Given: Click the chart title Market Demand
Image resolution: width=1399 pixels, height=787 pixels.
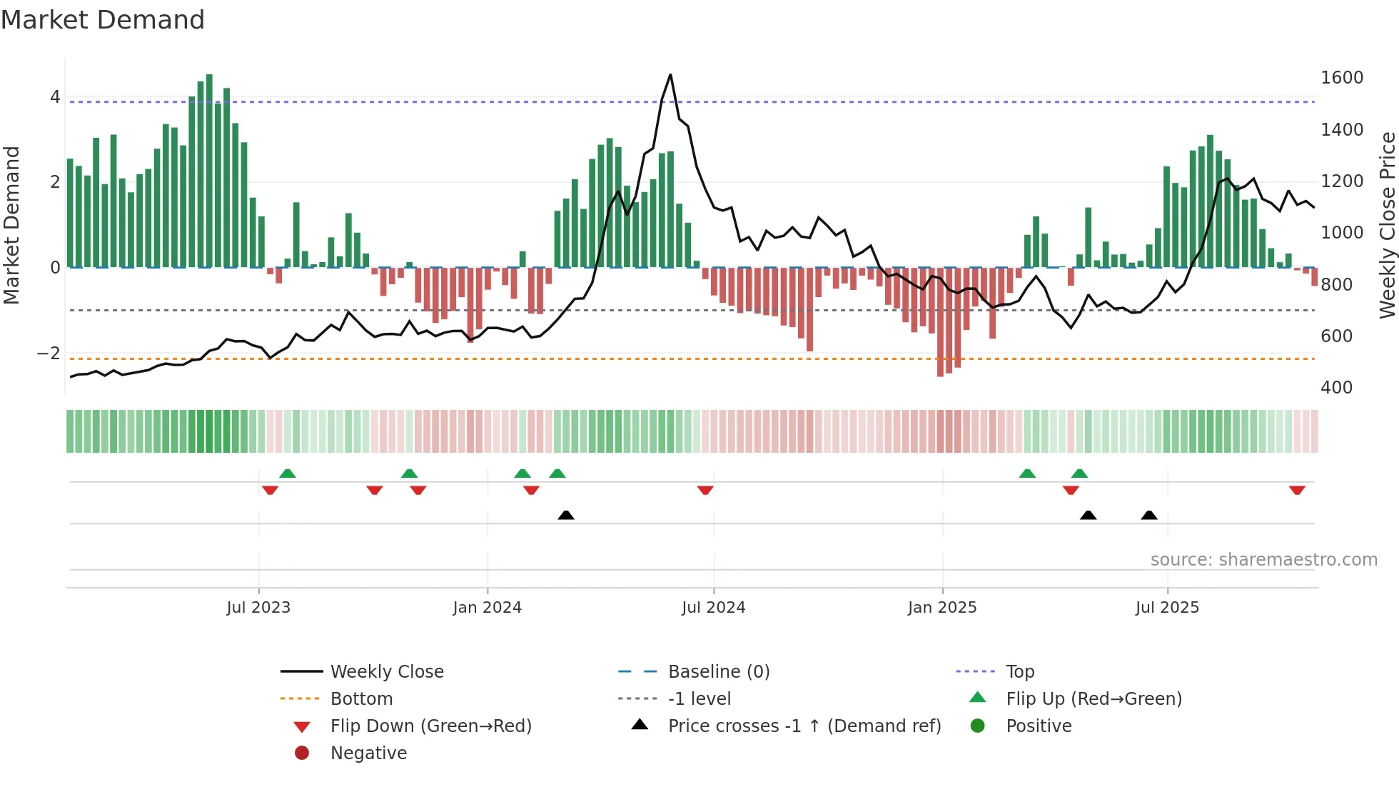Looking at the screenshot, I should pyautogui.click(x=103, y=20).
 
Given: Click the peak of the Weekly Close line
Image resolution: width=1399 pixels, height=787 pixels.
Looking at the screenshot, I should pyautogui.click(x=670, y=75).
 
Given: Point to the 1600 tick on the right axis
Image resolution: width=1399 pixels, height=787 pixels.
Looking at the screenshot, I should pyautogui.click(x=1341, y=78).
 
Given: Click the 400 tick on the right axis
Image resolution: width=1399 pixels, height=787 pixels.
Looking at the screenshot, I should pyautogui.click(x=1336, y=388).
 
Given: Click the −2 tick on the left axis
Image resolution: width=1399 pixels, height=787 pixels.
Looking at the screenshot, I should pyautogui.click(x=49, y=354).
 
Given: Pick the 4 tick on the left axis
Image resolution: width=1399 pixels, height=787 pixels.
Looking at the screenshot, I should pyautogui.click(x=55, y=97).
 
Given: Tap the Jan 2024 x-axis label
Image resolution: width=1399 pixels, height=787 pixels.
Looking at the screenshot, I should pyautogui.click(x=487, y=608).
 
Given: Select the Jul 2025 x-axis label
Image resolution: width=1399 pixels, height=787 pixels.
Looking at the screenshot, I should pyautogui.click(x=1167, y=608).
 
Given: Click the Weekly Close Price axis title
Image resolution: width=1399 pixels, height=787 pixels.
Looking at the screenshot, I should pyautogui.click(x=1387, y=225).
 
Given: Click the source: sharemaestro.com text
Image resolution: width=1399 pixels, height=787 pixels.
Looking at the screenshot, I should pyautogui.click(x=1263, y=560).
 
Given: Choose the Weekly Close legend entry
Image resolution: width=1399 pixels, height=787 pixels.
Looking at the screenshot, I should pyautogui.click(x=386, y=672).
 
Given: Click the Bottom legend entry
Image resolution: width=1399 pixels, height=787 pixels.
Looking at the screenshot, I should pyautogui.click(x=361, y=699).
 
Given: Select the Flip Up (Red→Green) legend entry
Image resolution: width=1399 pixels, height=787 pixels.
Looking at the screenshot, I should pyautogui.click(x=1094, y=699).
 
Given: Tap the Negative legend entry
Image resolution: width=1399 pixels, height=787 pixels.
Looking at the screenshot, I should pyautogui.click(x=368, y=753).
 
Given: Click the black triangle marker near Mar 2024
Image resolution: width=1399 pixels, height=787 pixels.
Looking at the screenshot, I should pyautogui.click(x=566, y=515).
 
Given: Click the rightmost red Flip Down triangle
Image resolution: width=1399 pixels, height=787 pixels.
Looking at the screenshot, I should pyautogui.click(x=1297, y=490).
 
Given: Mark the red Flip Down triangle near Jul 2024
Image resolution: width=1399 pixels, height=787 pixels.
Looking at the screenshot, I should pyautogui.click(x=705, y=490).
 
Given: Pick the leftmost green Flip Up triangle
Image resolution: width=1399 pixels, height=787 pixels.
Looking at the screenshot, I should pyautogui.click(x=288, y=473).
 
